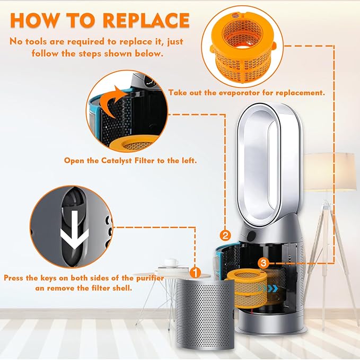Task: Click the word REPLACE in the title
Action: (146, 21)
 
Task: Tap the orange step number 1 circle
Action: (196, 273)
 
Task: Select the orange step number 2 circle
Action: (225, 235)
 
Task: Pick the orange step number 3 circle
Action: (264, 262)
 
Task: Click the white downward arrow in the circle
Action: (75, 230)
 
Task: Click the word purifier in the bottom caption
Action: (150, 278)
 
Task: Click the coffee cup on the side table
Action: (171, 262)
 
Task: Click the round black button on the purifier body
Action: (251, 235)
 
